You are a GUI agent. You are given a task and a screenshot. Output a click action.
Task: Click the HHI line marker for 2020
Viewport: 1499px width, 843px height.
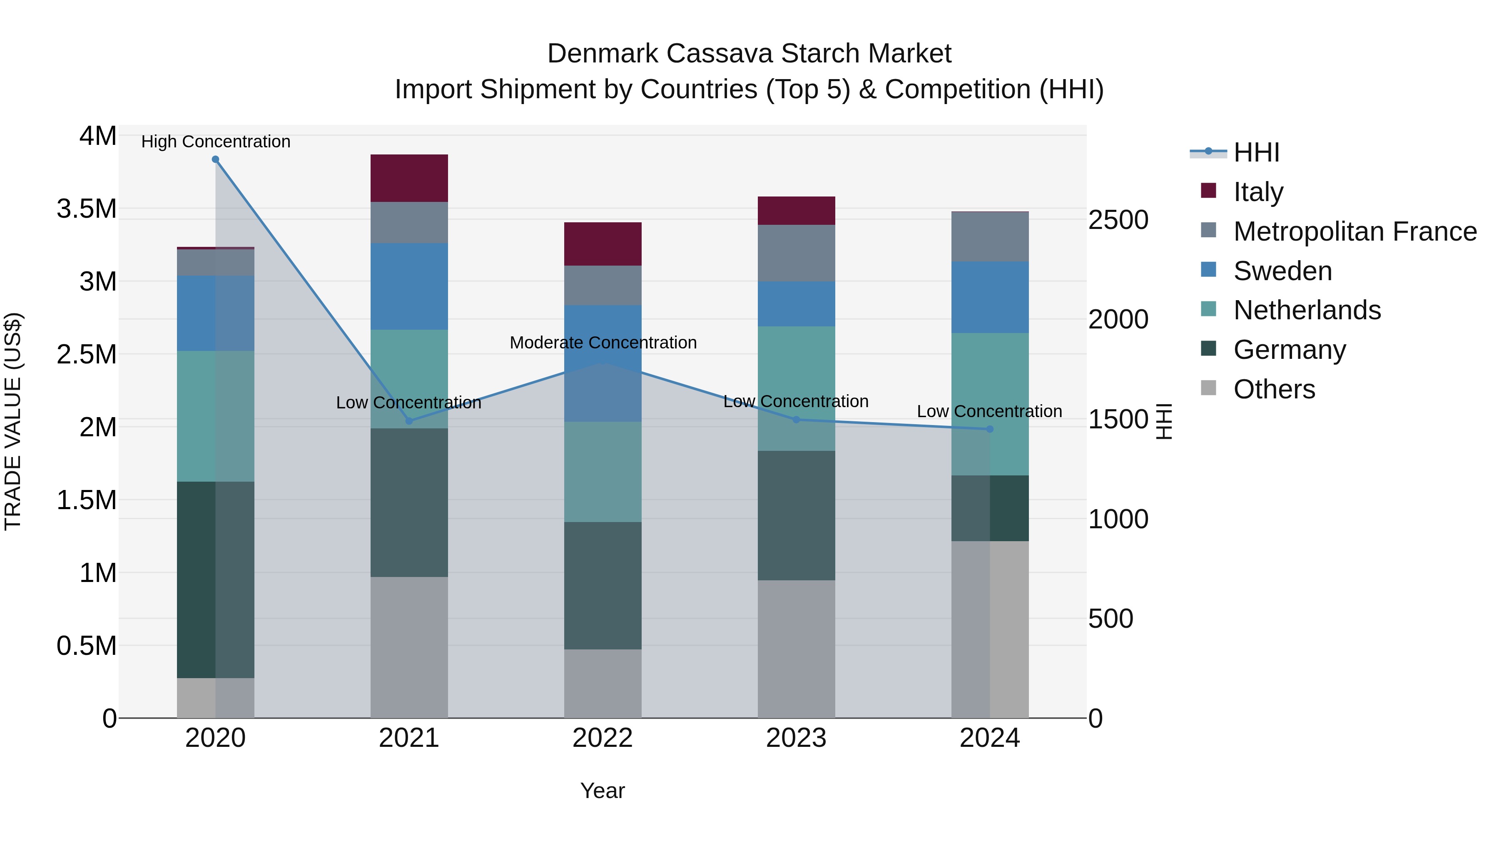pyautogui.click(x=215, y=159)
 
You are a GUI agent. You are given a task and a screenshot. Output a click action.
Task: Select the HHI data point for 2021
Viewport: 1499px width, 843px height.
pyautogui.click(x=409, y=420)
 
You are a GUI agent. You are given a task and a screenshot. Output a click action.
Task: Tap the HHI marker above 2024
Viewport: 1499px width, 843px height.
pyautogui.click(x=990, y=429)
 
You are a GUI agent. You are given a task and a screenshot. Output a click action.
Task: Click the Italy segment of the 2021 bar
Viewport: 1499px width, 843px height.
pyautogui.click(x=409, y=178)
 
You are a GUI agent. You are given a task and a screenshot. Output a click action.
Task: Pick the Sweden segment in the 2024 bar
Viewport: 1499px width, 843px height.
pyautogui.click(x=990, y=297)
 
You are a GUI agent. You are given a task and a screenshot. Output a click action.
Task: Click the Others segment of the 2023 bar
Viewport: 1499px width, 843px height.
pyautogui.click(x=796, y=649)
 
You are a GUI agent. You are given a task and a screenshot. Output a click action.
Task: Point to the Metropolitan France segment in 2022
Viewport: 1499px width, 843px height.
pyautogui.click(x=603, y=285)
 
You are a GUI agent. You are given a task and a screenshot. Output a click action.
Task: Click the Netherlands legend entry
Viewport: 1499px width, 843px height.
pyautogui.click(x=1306, y=310)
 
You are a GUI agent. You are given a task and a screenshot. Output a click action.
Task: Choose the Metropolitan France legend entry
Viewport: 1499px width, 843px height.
pyautogui.click(x=1355, y=231)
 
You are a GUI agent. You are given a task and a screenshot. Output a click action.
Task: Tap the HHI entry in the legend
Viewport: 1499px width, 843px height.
pyautogui.click(x=1256, y=152)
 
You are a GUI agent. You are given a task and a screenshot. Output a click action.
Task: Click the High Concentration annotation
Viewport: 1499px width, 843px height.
pyautogui.click(x=215, y=142)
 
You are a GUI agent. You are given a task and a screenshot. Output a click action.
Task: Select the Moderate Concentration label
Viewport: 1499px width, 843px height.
pyautogui.click(x=603, y=343)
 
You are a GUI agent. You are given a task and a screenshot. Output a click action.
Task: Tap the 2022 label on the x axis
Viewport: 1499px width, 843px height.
pyautogui.click(x=603, y=738)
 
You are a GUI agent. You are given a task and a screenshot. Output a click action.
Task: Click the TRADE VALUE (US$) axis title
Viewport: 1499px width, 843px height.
pyautogui.click(x=13, y=421)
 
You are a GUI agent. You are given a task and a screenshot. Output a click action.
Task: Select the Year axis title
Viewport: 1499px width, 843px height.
pyautogui.click(x=603, y=791)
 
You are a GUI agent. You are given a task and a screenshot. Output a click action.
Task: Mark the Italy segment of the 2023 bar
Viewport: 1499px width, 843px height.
pyautogui.click(x=796, y=211)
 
